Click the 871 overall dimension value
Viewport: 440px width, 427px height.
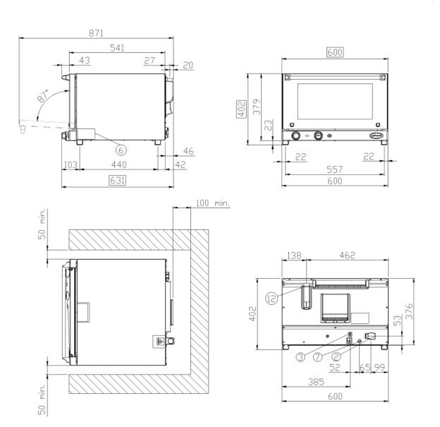96,33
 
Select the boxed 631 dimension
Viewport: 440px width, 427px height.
117,181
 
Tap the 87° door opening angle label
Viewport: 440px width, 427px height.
42,96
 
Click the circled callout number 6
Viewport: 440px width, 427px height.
121,150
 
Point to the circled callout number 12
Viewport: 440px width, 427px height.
271,299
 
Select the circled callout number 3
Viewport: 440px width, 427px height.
300,357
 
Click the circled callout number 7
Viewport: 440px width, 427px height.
317,357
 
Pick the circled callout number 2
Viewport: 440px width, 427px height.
336,356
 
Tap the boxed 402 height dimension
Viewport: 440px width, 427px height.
241,109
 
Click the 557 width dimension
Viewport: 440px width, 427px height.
335,169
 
